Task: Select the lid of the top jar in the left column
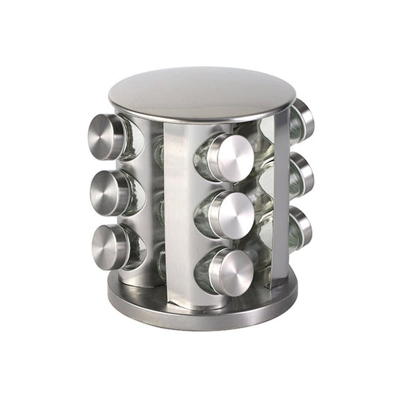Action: point(106,136)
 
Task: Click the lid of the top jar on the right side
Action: point(304,118)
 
